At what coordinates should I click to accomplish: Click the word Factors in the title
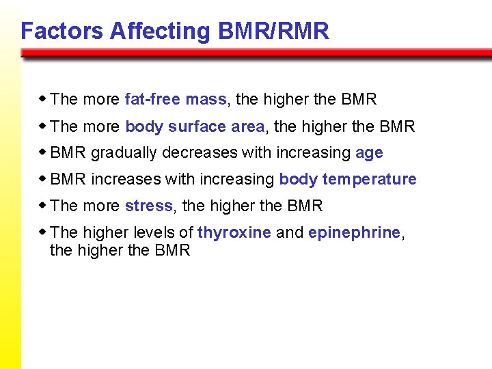[61, 31]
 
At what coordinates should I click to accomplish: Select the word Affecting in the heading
[160, 31]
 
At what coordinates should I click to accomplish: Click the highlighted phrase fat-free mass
[176, 99]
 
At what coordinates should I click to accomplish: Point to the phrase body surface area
[195, 126]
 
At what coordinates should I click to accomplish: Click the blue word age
[369, 153]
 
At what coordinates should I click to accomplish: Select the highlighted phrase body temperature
[348, 180]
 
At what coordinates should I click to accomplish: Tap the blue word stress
[149, 206]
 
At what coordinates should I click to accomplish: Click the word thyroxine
[234, 232]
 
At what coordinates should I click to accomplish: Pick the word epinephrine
[354, 232]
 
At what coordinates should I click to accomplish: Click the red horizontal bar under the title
[256, 53]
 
